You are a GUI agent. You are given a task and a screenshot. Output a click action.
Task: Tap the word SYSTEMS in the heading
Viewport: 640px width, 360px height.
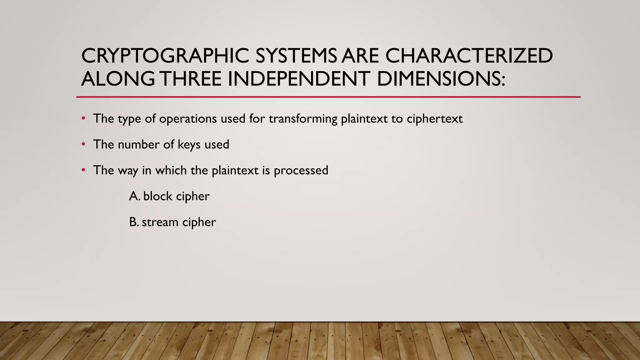pyautogui.click(x=296, y=56)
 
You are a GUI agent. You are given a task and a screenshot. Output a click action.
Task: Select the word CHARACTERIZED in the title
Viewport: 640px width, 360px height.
pyautogui.click(x=469, y=56)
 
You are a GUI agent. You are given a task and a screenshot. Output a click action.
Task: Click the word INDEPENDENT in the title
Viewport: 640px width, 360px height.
pyautogui.click(x=299, y=79)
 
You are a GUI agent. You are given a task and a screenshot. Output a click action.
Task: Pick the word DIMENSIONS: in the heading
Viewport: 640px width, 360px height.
pyautogui.click(x=441, y=79)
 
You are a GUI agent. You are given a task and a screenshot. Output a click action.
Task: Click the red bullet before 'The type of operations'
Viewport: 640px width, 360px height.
pyautogui.click(x=83, y=118)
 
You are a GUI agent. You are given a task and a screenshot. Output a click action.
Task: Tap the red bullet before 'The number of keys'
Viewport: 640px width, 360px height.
pyautogui.click(x=83, y=144)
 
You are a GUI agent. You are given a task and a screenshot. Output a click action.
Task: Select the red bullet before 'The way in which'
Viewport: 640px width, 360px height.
pyautogui.click(x=83, y=170)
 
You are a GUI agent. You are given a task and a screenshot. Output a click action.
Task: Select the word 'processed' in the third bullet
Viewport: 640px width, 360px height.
pyautogui.click(x=301, y=171)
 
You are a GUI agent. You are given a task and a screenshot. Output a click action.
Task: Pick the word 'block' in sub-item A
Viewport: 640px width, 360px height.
pyautogui.click(x=158, y=196)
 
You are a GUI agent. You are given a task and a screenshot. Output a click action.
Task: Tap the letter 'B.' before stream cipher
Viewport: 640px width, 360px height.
pyautogui.click(x=134, y=222)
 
